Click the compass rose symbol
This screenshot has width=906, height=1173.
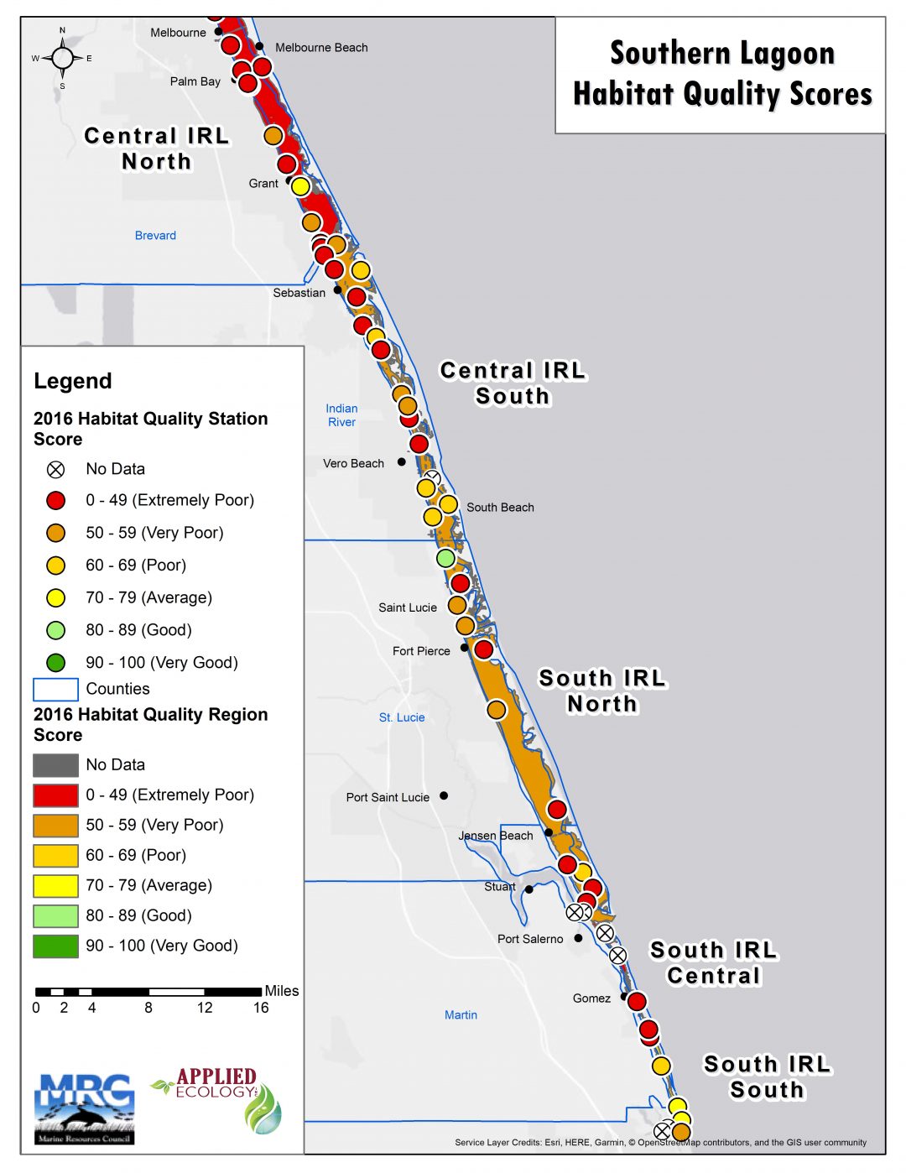tap(62, 58)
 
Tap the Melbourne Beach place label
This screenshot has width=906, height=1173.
tap(321, 48)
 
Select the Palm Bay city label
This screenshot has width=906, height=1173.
tap(195, 81)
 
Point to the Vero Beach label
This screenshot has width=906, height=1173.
tap(353, 463)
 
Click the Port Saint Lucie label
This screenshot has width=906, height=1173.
tap(388, 797)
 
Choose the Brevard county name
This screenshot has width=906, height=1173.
tap(155, 236)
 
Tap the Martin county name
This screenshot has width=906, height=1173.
tap(461, 1015)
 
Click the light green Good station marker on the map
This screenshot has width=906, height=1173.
tap(445, 558)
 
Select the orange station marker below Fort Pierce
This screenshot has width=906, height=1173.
tap(497, 710)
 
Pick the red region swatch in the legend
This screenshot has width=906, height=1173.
tap(55, 795)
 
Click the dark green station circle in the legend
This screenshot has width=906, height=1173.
tap(56, 663)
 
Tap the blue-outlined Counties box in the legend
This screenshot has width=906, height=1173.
tap(55, 689)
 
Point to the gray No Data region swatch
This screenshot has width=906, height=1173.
tap(55, 765)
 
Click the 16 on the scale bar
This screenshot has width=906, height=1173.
tap(261, 1008)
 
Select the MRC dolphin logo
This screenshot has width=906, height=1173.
tap(85, 1108)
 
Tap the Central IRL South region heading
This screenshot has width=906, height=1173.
tap(513, 383)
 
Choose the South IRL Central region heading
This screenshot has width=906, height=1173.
tap(714, 963)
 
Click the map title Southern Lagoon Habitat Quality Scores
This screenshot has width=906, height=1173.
tap(721, 74)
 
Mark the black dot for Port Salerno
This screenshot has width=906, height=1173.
tap(578, 938)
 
